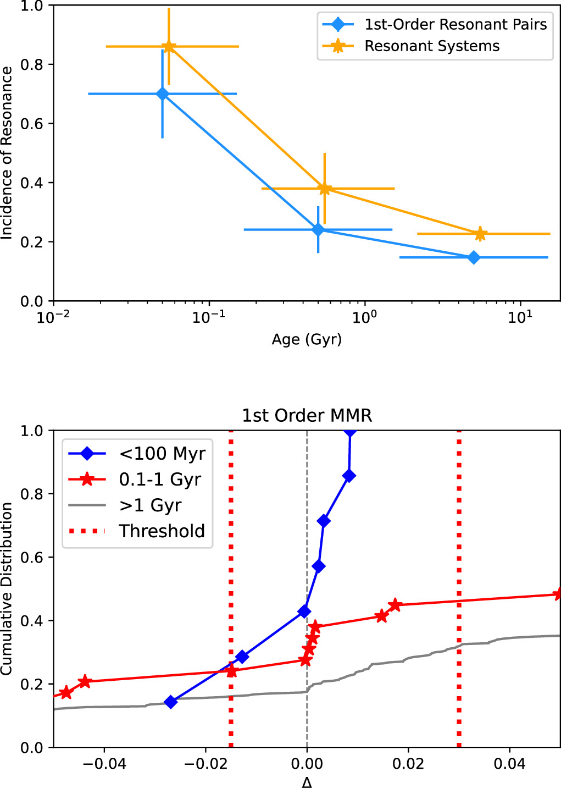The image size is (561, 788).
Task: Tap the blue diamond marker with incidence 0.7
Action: click(162, 94)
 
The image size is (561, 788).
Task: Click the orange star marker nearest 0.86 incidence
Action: click(169, 47)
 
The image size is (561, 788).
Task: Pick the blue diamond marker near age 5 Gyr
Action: click(474, 257)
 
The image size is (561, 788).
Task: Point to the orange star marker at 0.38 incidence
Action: click(325, 189)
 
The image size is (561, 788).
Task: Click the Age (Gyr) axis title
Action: click(307, 339)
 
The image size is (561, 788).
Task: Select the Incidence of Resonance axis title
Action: click(7, 153)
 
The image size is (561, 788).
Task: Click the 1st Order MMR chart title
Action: click(307, 415)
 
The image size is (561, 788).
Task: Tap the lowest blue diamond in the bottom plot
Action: click(171, 702)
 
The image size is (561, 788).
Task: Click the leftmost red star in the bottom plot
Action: click(66, 692)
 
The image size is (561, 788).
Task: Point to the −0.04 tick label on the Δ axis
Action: click(104, 764)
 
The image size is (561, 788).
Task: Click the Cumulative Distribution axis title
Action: click(7, 588)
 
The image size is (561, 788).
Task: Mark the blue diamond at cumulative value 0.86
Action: click(348, 476)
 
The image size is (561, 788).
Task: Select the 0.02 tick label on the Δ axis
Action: click(408, 764)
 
